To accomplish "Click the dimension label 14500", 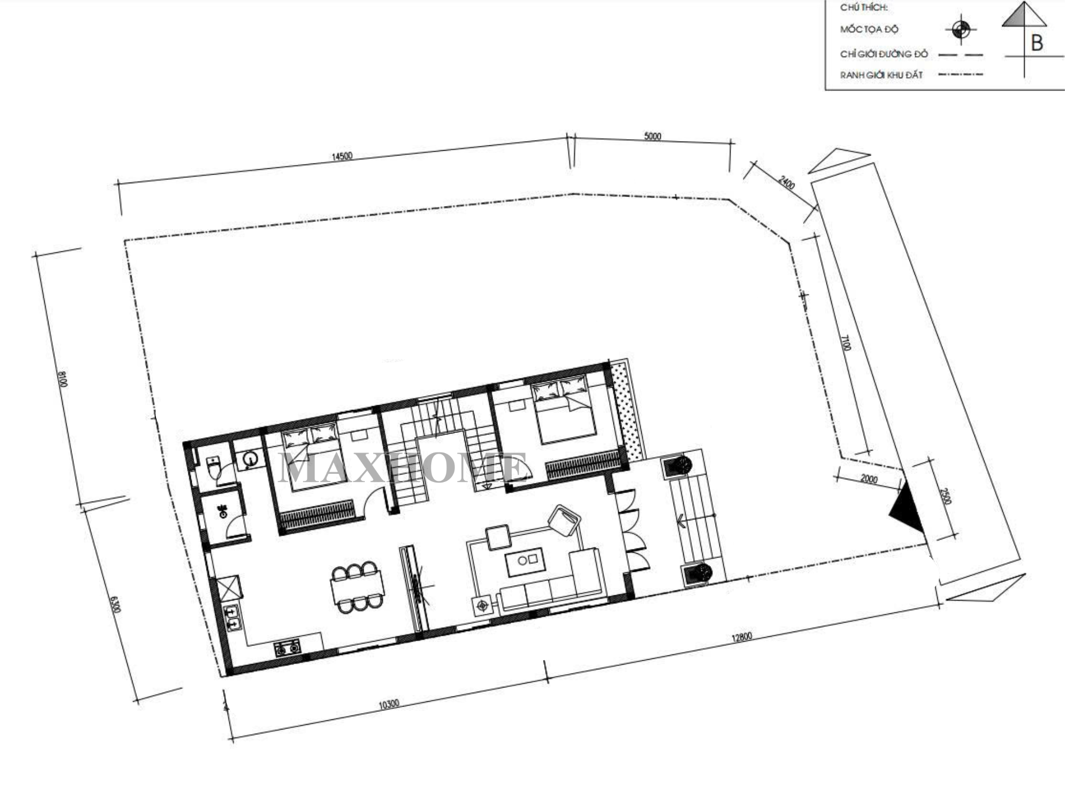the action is [342, 157].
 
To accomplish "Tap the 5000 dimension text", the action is [652, 136].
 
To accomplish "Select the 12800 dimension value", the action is [741, 637].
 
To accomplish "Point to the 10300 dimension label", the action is [389, 704].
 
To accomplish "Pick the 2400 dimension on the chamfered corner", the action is [787, 183].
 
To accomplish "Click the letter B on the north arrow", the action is [1036, 43].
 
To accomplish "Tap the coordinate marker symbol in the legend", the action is [961, 29].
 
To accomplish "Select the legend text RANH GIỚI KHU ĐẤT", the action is [881, 75].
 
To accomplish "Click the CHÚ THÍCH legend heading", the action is [864, 7].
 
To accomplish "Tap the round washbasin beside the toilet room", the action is [250, 459].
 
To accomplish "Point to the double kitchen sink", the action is [232, 618].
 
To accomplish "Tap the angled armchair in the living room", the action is [564, 520].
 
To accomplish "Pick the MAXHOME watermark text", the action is [403, 468].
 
